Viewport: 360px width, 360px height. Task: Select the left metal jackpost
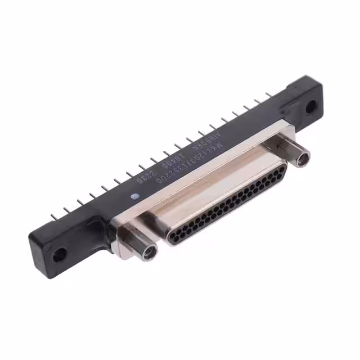coord(138,242)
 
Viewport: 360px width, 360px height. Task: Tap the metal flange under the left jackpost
coord(121,231)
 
